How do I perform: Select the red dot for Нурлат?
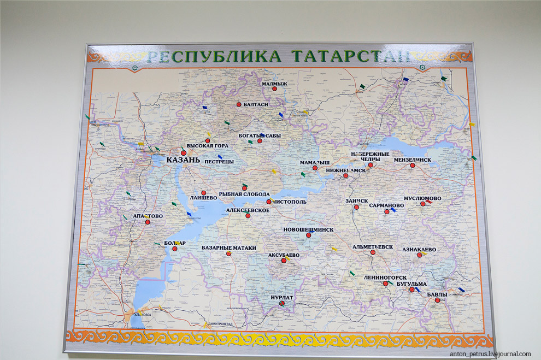[282, 304]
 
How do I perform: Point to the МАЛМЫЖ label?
[274, 84]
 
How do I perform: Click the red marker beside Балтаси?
[239, 104]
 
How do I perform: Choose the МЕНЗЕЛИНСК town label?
[413, 160]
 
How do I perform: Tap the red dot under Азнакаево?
[420, 255]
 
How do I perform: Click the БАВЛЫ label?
[437, 294]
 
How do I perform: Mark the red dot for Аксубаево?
[284, 261]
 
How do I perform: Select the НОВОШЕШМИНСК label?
[308, 229]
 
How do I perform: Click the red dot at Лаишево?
[204, 193]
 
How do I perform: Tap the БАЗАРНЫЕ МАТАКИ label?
[228, 247]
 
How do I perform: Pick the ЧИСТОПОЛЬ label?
[290, 202]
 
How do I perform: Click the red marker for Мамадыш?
[315, 168]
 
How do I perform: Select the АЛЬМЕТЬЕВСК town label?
[373, 246]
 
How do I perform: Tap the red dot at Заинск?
[358, 207]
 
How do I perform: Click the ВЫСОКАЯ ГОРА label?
[207, 146]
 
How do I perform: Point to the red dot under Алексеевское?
[248, 216]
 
